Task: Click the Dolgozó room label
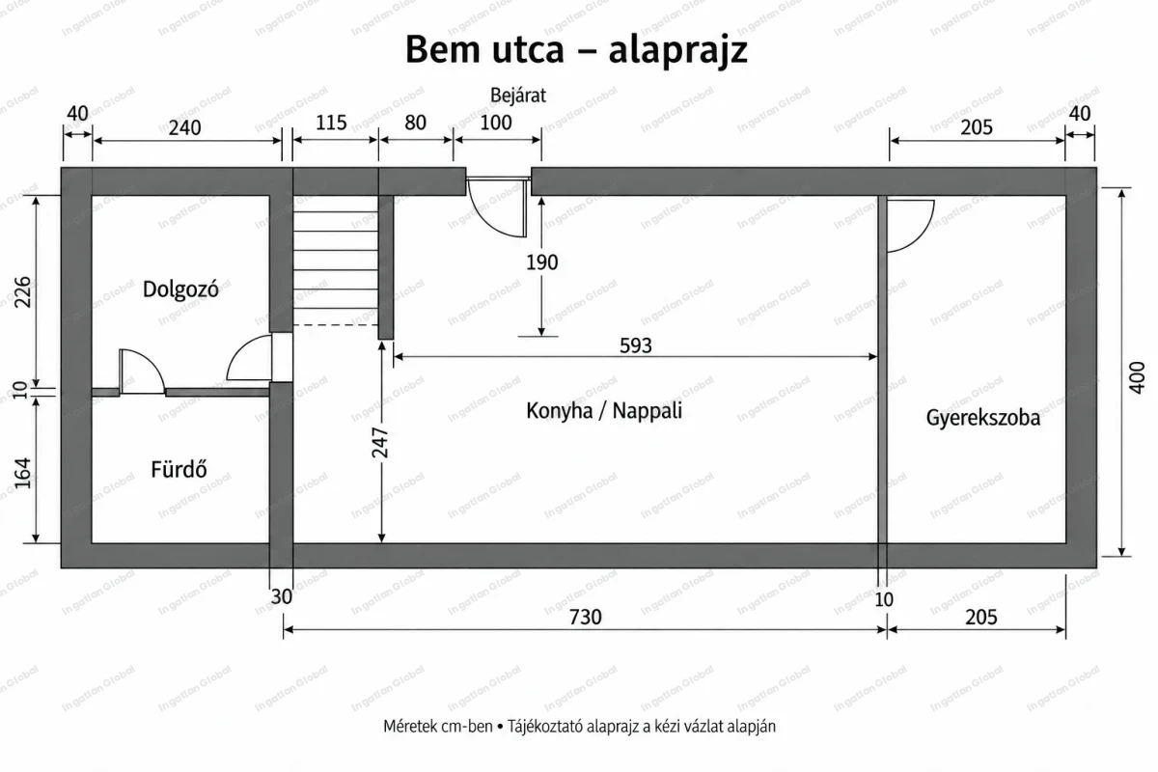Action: click(x=180, y=289)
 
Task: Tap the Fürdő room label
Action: click(x=179, y=469)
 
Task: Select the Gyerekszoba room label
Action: click(x=982, y=418)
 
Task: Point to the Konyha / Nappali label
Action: click(x=604, y=410)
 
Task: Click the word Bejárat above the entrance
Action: click(x=518, y=96)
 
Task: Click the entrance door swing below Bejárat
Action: click(x=497, y=207)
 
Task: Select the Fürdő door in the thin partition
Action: click(x=142, y=372)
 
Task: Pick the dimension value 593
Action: click(x=636, y=345)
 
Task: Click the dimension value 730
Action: click(x=585, y=617)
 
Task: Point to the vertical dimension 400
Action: click(x=1137, y=377)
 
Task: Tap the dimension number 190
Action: click(x=541, y=262)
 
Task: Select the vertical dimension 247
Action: click(x=380, y=443)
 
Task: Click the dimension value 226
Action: click(x=22, y=292)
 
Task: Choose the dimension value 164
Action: click(x=22, y=473)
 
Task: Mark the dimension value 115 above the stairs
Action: click(x=331, y=123)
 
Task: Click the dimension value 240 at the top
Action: click(x=184, y=127)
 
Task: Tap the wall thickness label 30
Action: click(x=281, y=597)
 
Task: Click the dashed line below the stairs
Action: click(x=336, y=325)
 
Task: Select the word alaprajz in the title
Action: click(x=677, y=50)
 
